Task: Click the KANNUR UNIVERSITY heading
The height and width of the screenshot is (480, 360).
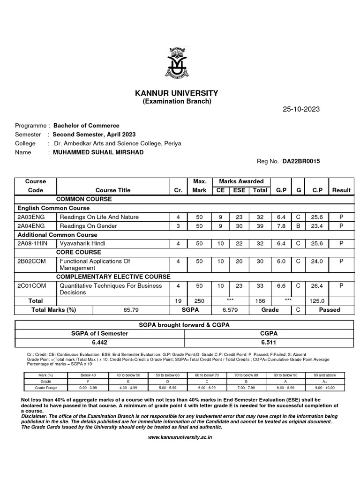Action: click(176, 93)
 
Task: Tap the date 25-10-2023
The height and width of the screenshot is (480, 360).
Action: click(301, 109)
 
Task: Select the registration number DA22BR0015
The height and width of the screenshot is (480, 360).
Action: click(301, 161)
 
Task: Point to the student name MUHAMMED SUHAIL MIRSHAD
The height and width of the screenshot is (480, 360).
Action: click(98, 152)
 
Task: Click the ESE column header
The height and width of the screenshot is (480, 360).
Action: click(239, 190)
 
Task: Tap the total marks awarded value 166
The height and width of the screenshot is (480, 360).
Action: click(260, 301)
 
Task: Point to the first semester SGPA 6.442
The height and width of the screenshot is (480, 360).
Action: click(99, 342)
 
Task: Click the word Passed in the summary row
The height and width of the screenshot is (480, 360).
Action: click(330, 310)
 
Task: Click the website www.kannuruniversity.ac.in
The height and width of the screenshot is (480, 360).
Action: click(180, 437)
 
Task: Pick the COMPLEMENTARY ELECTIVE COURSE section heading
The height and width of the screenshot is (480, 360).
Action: click(113, 277)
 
